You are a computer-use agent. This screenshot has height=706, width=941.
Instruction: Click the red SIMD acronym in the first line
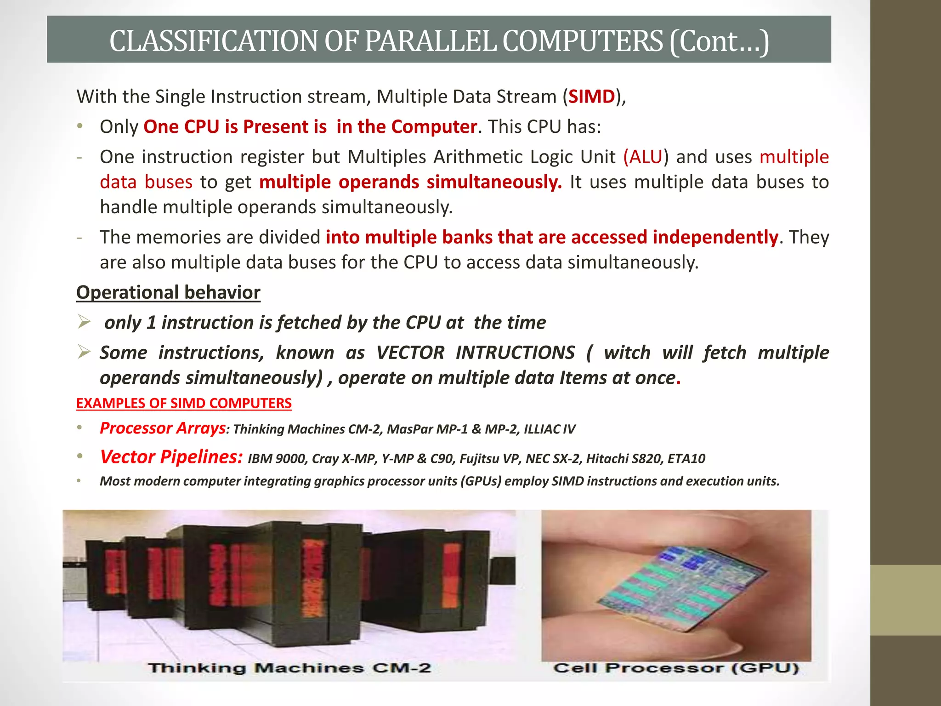(x=591, y=97)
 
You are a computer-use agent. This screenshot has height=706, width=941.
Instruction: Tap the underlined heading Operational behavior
(x=168, y=292)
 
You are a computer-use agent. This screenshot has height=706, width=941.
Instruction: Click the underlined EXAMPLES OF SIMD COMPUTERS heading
(x=184, y=403)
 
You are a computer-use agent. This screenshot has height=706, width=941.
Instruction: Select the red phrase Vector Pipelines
(x=171, y=457)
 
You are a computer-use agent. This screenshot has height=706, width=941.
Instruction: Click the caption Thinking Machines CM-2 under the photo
(x=289, y=668)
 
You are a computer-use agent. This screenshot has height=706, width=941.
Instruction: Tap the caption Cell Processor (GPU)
(x=676, y=668)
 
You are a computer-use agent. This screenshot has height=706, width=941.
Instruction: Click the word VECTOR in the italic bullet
(x=410, y=353)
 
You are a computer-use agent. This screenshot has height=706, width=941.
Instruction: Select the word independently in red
(x=715, y=237)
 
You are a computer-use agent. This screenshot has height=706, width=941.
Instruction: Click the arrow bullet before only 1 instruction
(x=84, y=321)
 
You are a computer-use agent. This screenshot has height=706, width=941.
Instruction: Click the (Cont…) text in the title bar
(x=719, y=40)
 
